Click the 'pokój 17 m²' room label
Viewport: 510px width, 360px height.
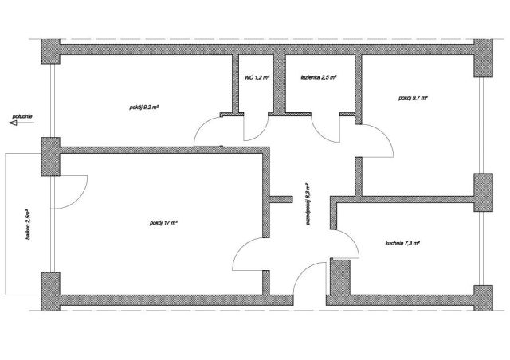[163, 223]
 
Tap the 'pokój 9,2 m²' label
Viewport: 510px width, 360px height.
[143, 108]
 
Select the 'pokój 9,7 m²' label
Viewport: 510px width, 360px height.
[413, 97]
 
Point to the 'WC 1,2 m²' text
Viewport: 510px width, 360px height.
[257, 78]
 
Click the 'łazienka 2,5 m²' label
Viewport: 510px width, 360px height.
[319, 78]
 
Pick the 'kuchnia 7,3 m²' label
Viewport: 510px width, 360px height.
[402, 243]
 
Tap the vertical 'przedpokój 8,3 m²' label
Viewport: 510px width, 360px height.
[308, 204]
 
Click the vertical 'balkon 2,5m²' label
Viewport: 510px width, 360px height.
[29, 225]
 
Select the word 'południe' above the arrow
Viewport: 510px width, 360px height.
[22, 116]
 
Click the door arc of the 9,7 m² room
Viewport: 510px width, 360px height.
[385, 135]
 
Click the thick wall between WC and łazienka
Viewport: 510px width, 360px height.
[279, 84]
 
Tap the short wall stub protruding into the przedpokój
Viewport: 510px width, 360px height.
[281, 199]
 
